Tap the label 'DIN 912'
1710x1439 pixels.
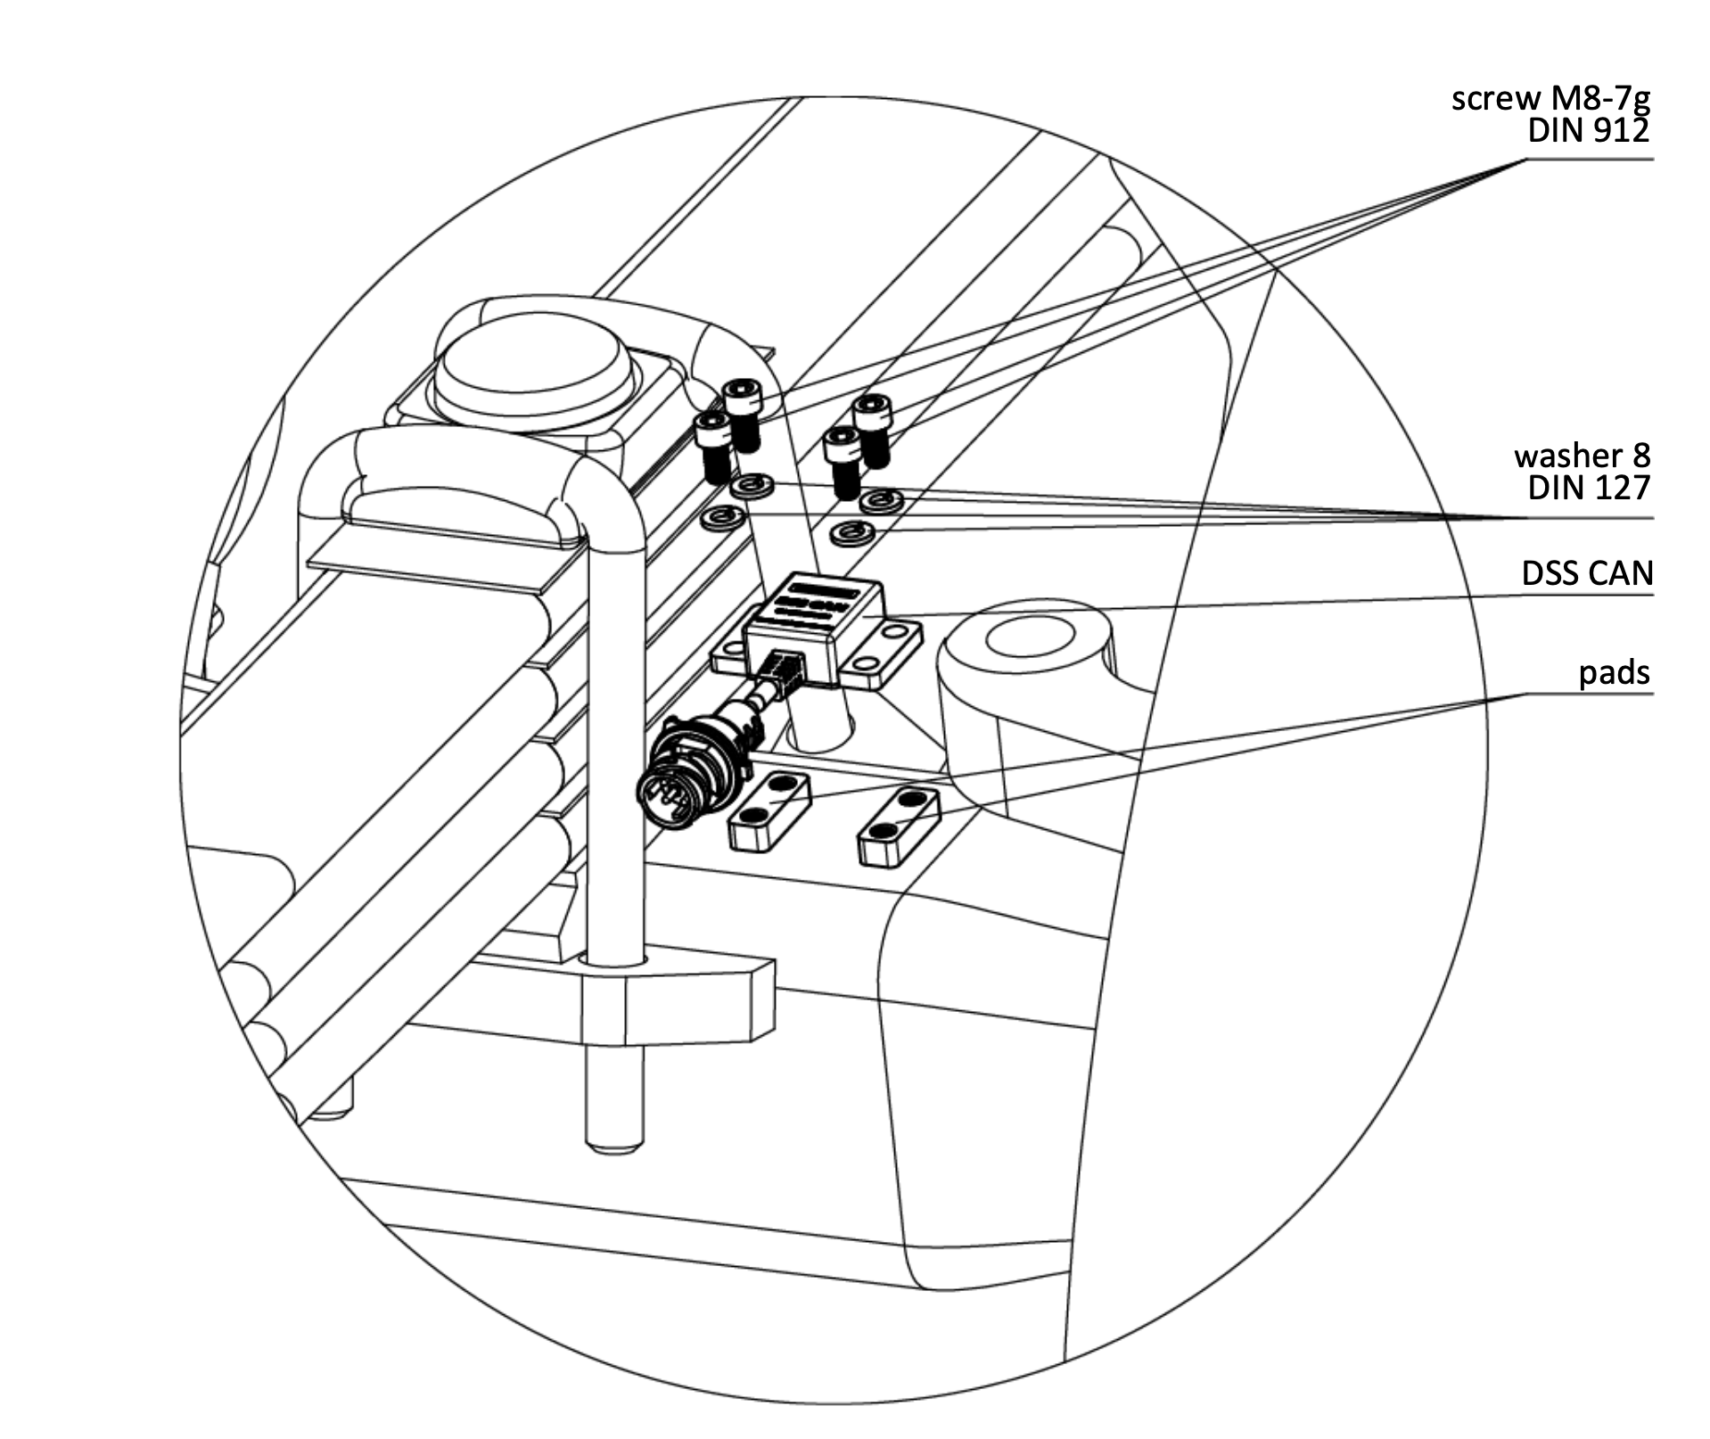tap(1588, 131)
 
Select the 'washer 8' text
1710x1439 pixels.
tap(1582, 456)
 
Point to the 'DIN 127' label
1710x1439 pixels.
tap(1588, 488)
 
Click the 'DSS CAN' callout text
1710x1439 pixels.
tap(1587, 573)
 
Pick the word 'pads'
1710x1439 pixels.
tap(1614, 672)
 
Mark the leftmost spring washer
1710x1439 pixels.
tap(723, 518)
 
